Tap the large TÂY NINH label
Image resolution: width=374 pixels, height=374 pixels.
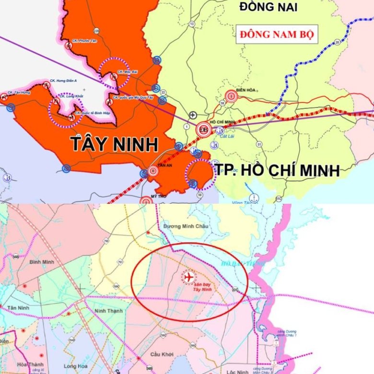pyautogui.click(x=115, y=144)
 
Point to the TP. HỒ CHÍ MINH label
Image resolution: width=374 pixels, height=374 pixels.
pyautogui.click(x=277, y=170)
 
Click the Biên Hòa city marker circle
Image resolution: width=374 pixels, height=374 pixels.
pyautogui.click(x=232, y=96)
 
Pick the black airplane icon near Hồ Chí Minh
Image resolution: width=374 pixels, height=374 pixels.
pyautogui.click(x=193, y=115)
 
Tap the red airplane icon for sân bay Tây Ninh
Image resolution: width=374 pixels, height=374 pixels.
pyautogui.click(x=189, y=277)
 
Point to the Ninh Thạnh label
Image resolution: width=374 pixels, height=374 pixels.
pyautogui.click(x=108, y=311)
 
